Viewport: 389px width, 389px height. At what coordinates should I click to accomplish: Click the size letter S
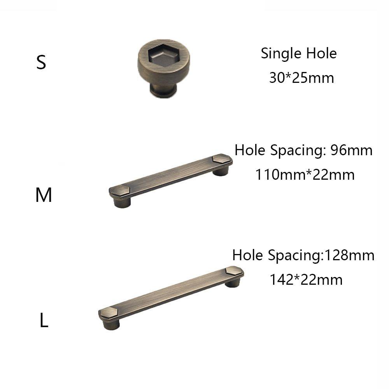click(x=41, y=62)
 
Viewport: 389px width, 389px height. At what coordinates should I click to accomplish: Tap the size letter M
click(x=44, y=195)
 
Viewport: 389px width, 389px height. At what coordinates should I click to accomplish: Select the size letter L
click(x=44, y=321)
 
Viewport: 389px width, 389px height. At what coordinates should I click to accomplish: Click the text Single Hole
click(x=298, y=53)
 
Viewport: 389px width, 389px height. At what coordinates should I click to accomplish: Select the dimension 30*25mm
click(x=301, y=78)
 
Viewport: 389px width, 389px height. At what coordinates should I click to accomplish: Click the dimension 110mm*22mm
click(x=305, y=175)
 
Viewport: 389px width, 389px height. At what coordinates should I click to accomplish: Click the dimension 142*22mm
click(x=306, y=279)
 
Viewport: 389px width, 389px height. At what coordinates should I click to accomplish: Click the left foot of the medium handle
click(x=122, y=202)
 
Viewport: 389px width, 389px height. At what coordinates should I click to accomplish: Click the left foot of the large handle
click(x=112, y=324)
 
